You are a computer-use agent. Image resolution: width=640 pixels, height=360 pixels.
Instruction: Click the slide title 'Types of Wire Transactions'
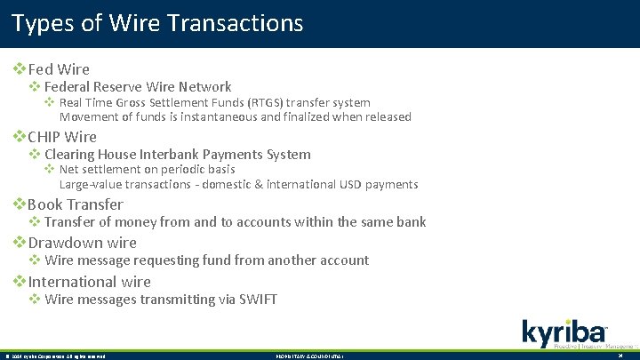point(158,22)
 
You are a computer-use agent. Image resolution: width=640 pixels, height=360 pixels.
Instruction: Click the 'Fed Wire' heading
point(59,68)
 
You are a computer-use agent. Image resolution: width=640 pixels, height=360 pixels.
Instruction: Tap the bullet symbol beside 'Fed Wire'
point(19,68)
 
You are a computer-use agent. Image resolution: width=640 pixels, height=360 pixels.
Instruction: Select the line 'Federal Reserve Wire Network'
point(138,87)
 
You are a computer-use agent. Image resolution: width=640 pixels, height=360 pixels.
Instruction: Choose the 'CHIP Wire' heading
point(62,137)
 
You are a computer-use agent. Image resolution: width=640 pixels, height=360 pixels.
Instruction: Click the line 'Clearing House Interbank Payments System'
point(178,155)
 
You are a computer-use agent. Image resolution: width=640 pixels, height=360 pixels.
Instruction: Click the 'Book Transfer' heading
point(76,204)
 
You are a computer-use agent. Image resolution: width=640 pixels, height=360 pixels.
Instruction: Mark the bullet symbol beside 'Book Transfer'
point(19,204)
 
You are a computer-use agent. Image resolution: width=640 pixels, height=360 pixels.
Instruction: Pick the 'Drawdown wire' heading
point(83,243)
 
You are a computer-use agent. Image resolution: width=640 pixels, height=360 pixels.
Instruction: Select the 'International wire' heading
point(90,282)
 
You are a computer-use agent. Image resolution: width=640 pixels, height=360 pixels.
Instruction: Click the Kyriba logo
point(564,332)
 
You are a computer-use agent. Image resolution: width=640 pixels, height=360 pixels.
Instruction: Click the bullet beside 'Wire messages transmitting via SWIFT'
point(35,300)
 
